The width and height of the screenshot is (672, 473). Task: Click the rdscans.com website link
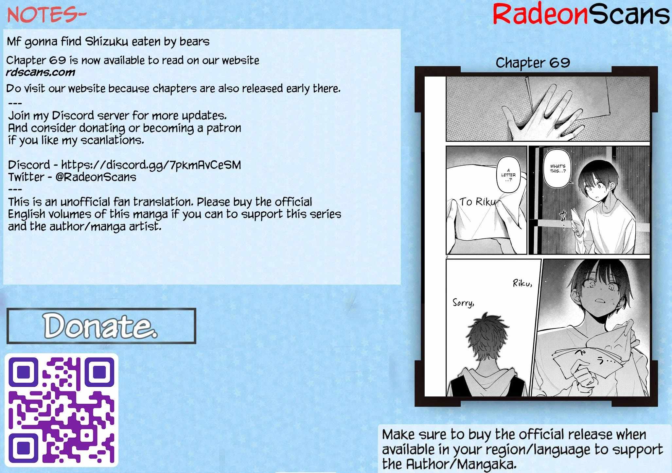coord(41,72)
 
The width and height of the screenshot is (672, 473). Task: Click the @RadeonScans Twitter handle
coord(96,177)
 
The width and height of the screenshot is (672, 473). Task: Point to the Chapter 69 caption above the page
coord(533,62)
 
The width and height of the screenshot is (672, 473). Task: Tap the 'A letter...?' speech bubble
coord(508,175)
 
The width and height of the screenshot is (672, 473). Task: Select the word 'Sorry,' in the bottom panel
coord(463,303)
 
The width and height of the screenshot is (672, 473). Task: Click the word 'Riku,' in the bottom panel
coord(522,283)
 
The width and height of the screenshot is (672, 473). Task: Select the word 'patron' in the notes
coord(224,128)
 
